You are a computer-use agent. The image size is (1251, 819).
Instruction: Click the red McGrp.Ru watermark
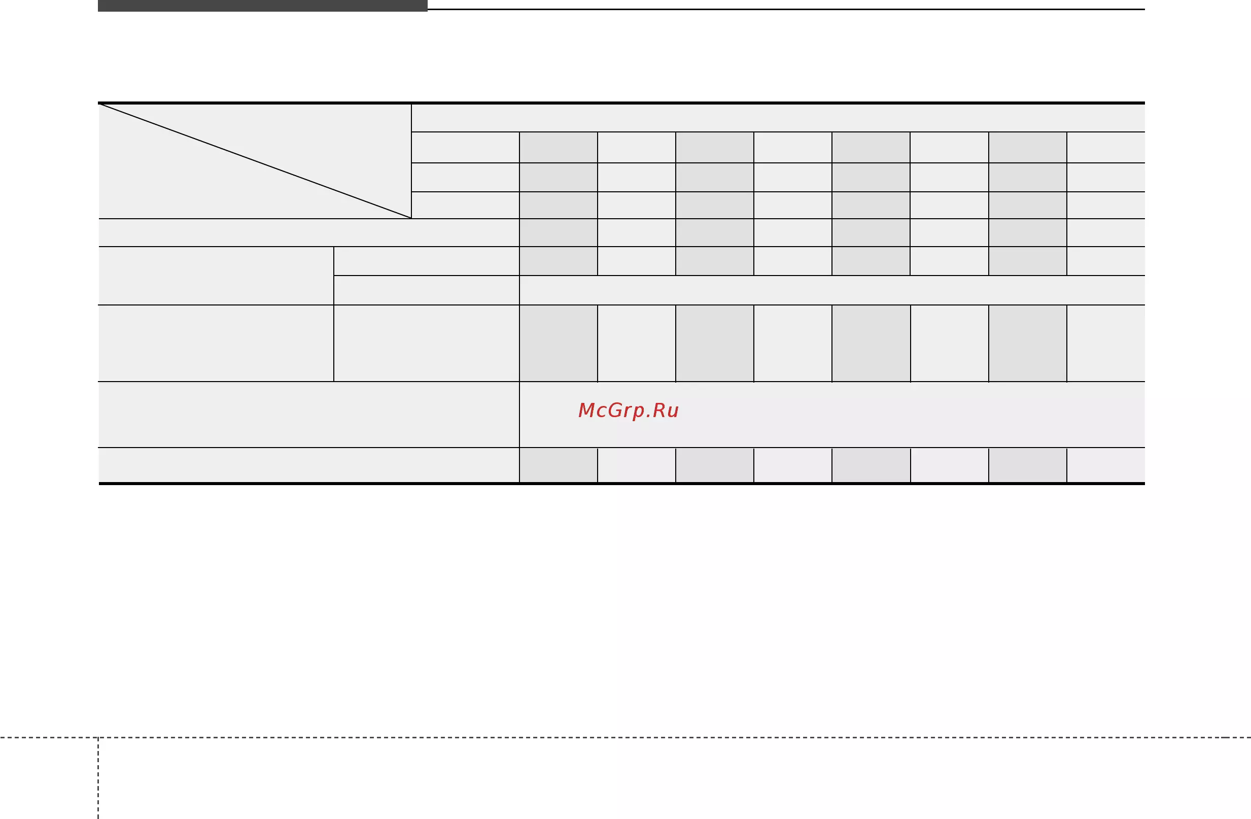pyautogui.click(x=628, y=411)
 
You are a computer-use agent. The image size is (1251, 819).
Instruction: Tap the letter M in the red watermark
pyautogui.click(x=585, y=410)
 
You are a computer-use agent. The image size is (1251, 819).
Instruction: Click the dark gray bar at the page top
pyautogui.click(x=262, y=5)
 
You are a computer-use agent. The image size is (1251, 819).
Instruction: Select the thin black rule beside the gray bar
pyautogui.click(x=786, y=9)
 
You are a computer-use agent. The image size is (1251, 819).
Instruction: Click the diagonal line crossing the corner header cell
pyautogui.click(x=255, y=161)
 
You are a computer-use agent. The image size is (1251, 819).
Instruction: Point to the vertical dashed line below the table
pyautogui.click(x=98, y=778)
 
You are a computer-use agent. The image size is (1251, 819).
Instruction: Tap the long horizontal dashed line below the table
pyautogui.click(x=625, y=737)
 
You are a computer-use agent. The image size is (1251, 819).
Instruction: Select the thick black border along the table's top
pyautogui.click(x=621, y=103)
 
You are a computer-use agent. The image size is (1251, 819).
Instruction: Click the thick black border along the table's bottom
pyautogui.click(x=621, y=483)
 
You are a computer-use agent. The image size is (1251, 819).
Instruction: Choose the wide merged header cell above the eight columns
pyautogui.click(x=778, y=118)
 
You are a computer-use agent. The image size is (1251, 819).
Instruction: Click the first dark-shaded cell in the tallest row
pyautogui.click(x=558, y=343)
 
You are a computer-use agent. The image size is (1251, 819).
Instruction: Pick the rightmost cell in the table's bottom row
pyautogui.click(x=1106, y=465)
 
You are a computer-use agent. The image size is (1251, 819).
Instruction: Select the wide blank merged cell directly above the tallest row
pyautogui.click(x=832, y=290)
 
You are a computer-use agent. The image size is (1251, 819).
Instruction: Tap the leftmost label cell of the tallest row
pyautogui.click(x=216, y=343)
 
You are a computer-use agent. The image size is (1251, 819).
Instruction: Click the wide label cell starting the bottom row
pyautogui.click(x=308, y=465)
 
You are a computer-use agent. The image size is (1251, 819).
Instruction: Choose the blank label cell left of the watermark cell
pyautogui.click(x=308, y=415)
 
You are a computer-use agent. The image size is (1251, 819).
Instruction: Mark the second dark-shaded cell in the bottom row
pyautogui.click(x=714, y=465)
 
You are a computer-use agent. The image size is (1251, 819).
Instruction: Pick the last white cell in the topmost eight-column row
pyautogui.click(x=1106, y=147)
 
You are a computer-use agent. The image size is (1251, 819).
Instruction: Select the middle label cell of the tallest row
pyautogui.click(x=426, y=343)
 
